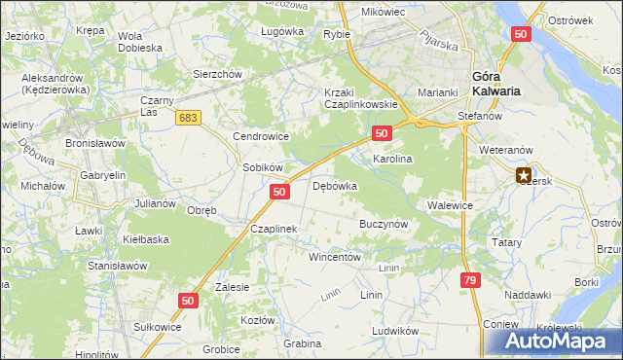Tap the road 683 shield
(189, 117)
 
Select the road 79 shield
(470, 280)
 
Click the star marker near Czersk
(525, 176)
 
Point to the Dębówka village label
(335, 185)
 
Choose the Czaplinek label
(273, 229)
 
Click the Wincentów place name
(335, 258)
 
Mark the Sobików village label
(262, 167)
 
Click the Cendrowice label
(262, 137)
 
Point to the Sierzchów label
(216, 73)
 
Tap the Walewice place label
(450, 205)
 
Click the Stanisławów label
(117, 265)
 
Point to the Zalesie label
(233, 287)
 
